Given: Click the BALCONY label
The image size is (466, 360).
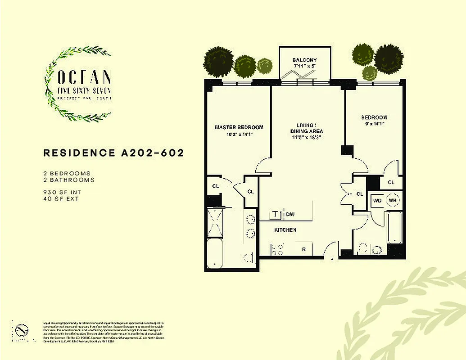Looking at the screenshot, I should pyautogui.click(x=305, y=60).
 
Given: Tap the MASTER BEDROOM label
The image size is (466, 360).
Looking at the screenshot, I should pyautogui.click(x=239, y=127).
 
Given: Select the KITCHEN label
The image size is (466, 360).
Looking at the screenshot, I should pyautogui.click(x=285, y=230).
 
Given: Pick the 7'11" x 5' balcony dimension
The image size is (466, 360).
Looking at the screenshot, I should pyautogui.click(x=305, y=66).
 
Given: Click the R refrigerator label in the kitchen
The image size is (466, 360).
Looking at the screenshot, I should pyautogui.click(x=303, y=249).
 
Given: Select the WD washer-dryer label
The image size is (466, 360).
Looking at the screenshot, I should pyautogui.click(x=377, y=200).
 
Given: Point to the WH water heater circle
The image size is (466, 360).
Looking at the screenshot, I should pyautogui.click(x=393, y=200).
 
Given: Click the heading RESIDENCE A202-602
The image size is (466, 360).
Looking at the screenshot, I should pyautogui.click(x=113, y=153).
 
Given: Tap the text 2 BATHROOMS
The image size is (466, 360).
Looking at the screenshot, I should pyautogui.click(x=69, y=180).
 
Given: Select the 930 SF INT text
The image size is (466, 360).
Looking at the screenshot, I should pyautogui.click(x=62, y=192).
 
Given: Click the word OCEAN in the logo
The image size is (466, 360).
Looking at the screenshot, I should pyautogui.click(x=85, y=77).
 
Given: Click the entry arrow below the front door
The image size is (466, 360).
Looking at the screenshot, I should pyautogui.click(x=332, y=260).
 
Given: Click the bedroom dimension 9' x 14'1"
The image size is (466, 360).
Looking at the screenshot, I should pyautogui.click(x=374, y=123).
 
